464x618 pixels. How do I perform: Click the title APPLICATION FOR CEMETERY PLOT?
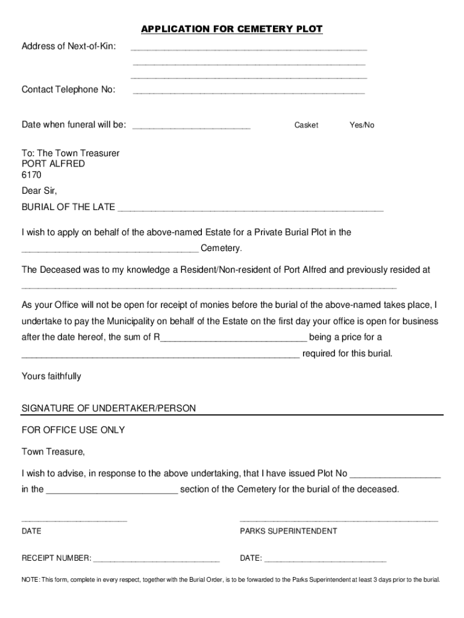(231, 29)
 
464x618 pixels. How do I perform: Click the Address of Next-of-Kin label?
(69, 46)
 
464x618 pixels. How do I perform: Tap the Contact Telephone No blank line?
(248, 92)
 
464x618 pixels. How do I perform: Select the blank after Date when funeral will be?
(191, 127)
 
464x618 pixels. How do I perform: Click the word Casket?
(306, 125)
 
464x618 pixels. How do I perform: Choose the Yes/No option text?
(362, 125)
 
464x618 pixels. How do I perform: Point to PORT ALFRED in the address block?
(53, 164)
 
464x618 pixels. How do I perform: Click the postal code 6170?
(31, 175)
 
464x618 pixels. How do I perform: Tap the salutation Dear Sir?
(39, 191)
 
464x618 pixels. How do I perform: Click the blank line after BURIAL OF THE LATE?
(250, 209)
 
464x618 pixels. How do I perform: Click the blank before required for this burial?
(160, 355)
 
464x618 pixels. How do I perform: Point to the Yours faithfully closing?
(51, 376)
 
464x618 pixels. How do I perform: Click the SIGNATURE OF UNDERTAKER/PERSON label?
(108, 409)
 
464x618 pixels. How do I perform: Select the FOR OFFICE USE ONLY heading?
(74, 430)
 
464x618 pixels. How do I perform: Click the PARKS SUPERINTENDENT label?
(288, 531)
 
